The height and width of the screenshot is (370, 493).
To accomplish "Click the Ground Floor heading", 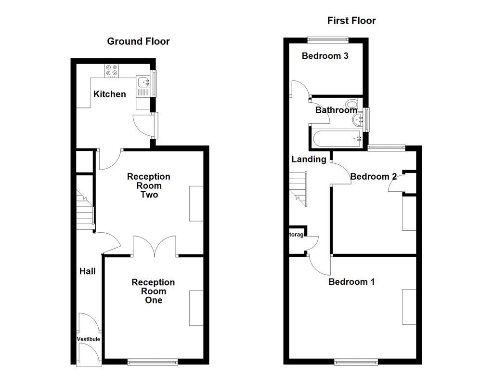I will tap(138, 41).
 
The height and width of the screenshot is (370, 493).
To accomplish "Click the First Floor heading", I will tap(351, 21).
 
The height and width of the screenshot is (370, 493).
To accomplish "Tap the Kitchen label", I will tap(109, 94).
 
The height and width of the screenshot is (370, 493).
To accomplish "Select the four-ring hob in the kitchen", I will tap(112, 71).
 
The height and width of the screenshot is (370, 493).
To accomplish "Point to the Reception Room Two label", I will tap(149, 186).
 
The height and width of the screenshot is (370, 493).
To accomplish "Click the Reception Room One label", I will tap(153, 291).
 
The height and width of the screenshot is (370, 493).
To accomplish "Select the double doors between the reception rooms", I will tap(155, 246).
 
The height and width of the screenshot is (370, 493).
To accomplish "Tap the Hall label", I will tap(87, 271).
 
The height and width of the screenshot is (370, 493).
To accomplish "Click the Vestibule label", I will tap(89, 339).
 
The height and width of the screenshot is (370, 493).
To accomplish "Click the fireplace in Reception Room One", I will tap(196, 308).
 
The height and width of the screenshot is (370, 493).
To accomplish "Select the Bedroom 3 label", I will tap(325, 56).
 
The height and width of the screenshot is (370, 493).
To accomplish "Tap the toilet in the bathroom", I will tap(352, 104).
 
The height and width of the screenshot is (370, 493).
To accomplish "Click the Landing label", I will tap(309, 159).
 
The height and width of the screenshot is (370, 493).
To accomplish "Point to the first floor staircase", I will tap(298, 188).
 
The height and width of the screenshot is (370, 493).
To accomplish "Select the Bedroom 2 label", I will tap(373, 177).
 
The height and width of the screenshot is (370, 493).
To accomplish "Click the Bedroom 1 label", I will tap(351, 282).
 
